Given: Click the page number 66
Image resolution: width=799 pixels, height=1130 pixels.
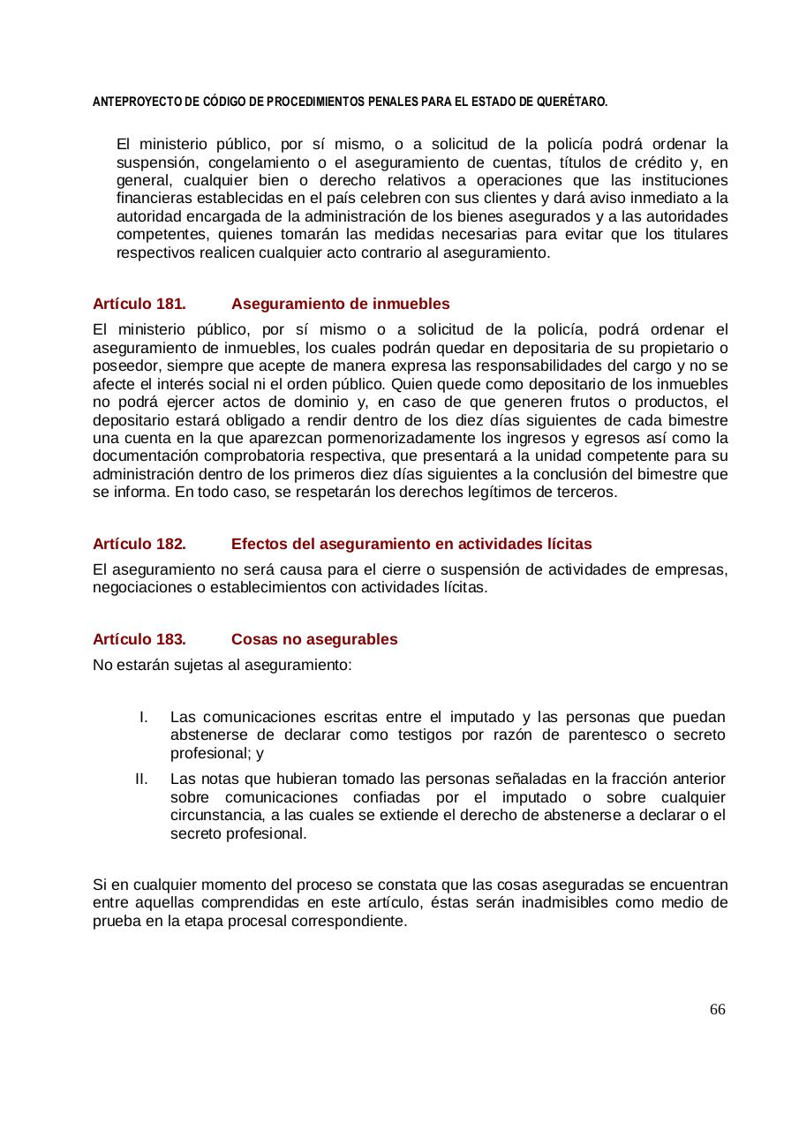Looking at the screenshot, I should tap(717, 1009).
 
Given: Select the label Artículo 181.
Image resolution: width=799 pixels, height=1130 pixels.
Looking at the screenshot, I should tap(139, 304).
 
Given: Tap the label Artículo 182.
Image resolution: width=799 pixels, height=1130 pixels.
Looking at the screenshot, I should tap(139, 543).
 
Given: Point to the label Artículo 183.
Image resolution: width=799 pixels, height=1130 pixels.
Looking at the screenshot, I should tap(139, 639).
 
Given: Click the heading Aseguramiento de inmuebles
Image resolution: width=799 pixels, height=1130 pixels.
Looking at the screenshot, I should tap(340, 304).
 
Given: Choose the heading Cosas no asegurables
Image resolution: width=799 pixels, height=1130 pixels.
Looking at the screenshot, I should tap(314, 639).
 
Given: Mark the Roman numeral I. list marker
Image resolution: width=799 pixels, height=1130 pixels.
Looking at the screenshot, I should tap(146, 717).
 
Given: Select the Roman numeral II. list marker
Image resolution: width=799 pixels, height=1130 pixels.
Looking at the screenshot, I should tap(143, 779).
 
